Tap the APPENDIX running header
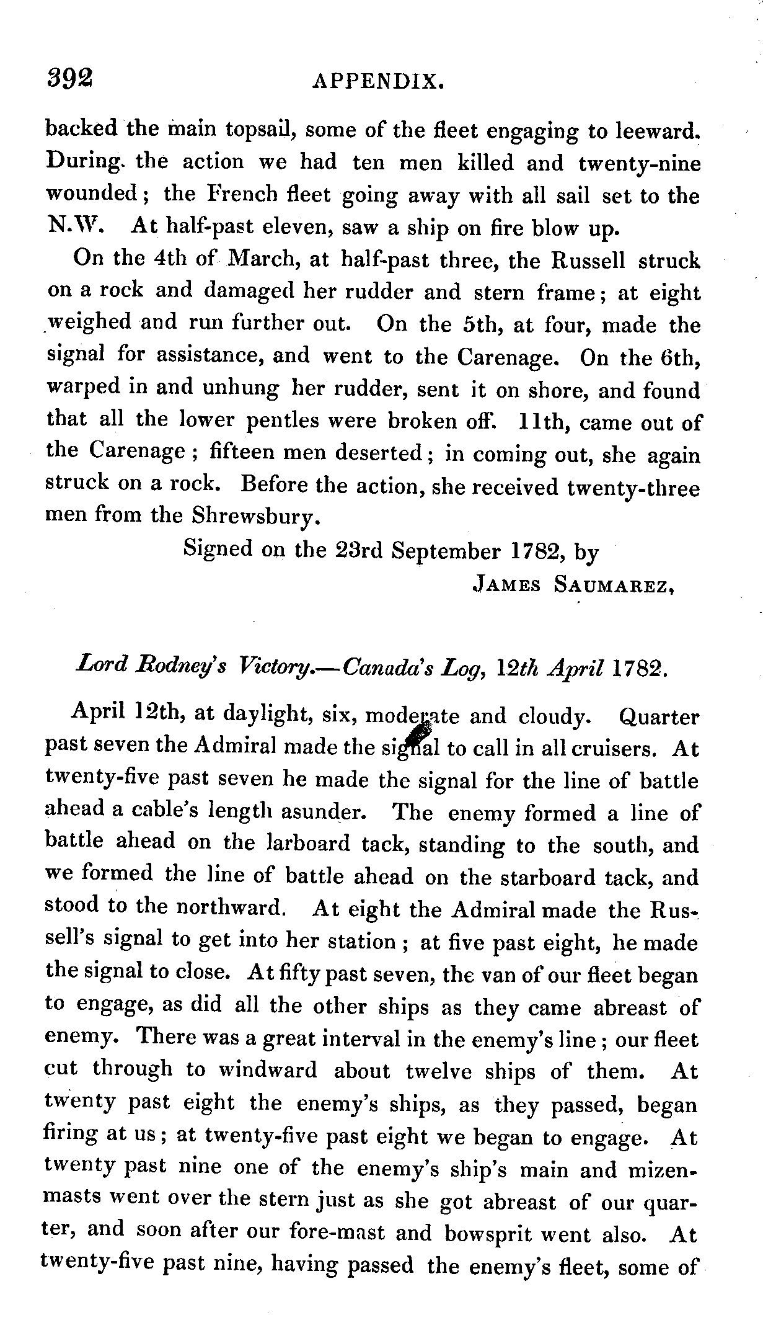click(379, 81)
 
